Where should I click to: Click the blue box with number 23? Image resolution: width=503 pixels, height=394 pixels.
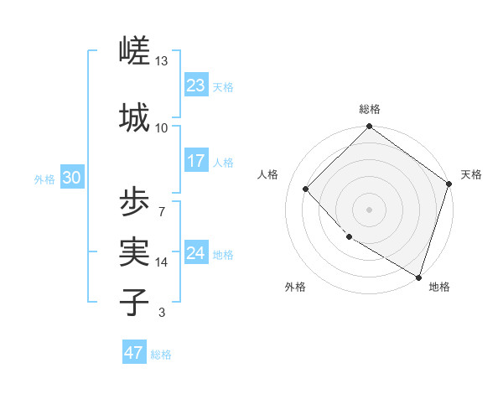click(x=195, y=85)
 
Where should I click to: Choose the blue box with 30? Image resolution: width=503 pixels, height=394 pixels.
click(x=71, y=177)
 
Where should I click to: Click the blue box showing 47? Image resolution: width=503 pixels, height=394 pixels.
click(x=134, y=353)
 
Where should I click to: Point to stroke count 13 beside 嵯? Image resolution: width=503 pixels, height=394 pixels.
click(x=161, y=61)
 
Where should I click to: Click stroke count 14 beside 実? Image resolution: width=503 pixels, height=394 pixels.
click(x=162, y=262)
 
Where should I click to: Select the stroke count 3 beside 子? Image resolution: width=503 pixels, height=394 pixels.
click(x=161, y=313)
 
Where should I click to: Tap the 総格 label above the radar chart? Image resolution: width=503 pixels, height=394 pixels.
click(x=370, y=109)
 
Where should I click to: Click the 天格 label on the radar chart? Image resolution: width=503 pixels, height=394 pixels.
click(x=471, y=174)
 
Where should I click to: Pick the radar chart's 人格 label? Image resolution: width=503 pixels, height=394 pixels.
click(x=268, y=174)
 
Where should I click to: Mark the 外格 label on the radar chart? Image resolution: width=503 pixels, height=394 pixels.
click(x=294, y=287)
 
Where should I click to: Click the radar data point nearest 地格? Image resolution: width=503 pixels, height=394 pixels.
click(x=418, y=276)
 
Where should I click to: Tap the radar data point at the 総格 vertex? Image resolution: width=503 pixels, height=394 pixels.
click(x=370, y=127)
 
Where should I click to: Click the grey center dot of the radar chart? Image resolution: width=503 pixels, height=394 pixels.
click(x=370, y=209)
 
